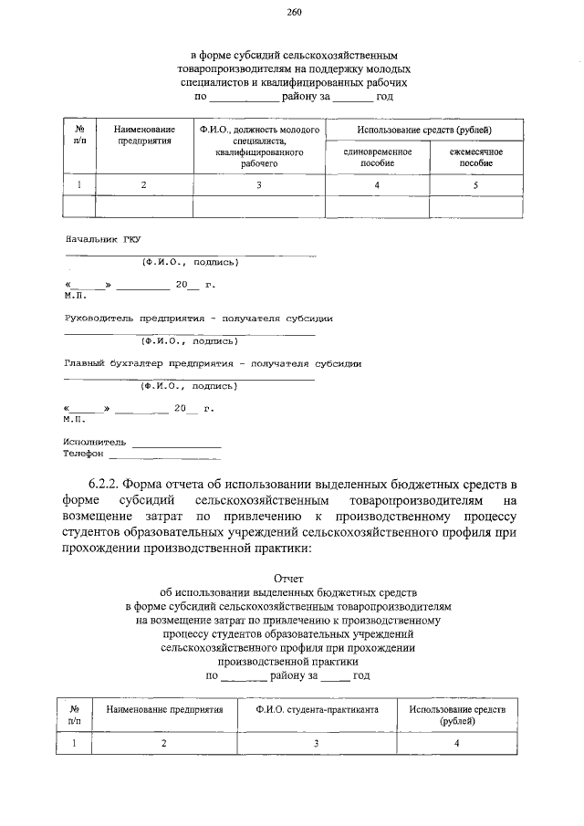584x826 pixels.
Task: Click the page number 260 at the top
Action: pos(293,12)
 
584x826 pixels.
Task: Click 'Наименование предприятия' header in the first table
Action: pos(143,137)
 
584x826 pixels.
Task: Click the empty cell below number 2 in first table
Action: pos(143,207)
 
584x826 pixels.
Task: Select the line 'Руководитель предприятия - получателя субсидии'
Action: pos(198,319)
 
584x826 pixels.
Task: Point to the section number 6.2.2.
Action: pos(103,484)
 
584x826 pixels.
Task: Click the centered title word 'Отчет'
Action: pos(293,578)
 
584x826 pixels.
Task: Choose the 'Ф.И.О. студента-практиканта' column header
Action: pos(316,709)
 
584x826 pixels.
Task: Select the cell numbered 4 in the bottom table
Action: pos(456,744)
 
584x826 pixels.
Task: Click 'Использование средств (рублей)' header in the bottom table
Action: pos(456,715)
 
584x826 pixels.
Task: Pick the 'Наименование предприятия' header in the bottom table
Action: pos(164,709)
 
